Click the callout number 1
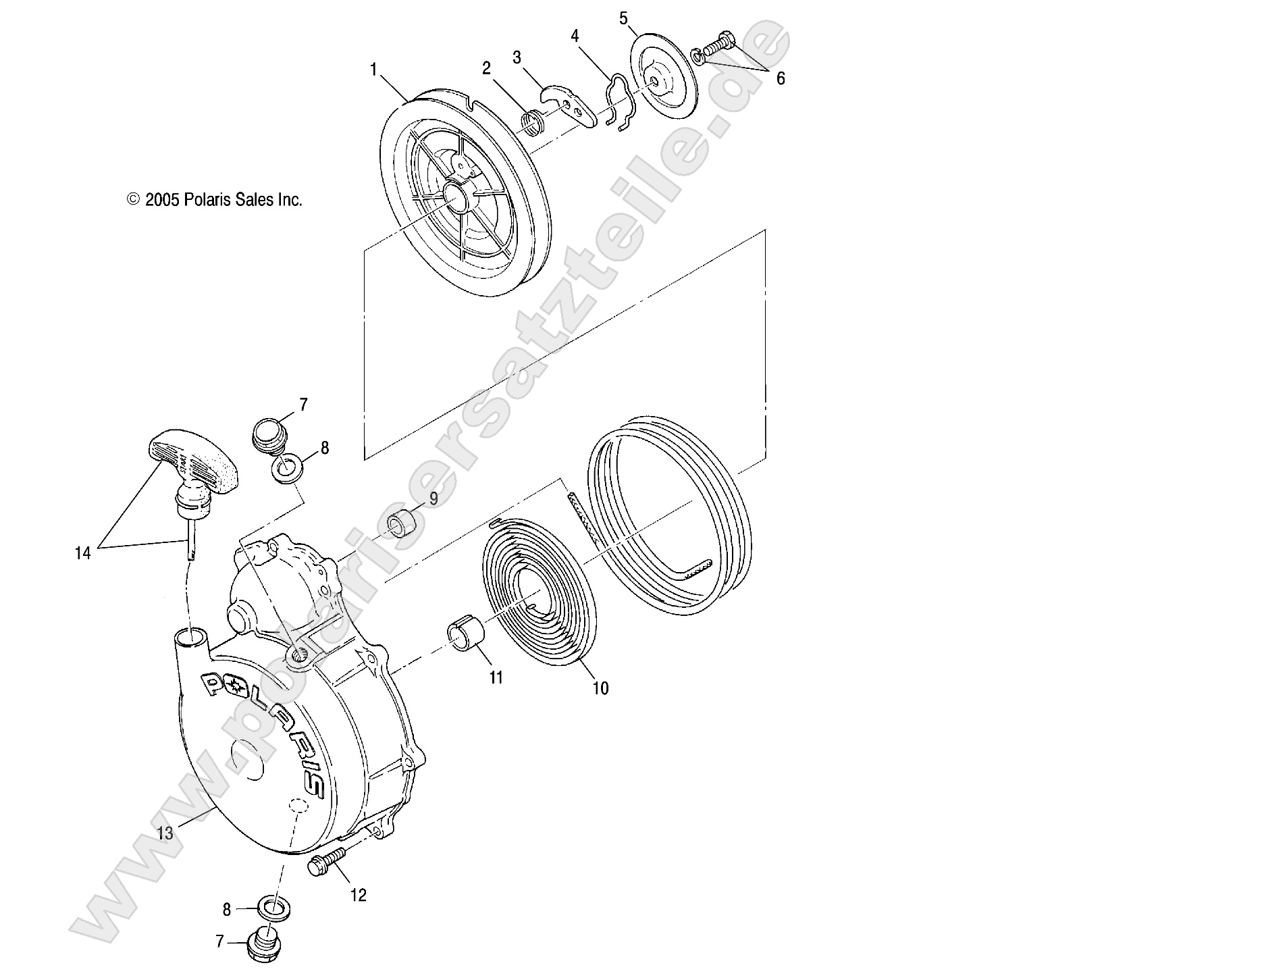tap(373, 69)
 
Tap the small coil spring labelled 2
tap(533, 123)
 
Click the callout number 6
tap(781, 78)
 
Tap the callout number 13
tap(165, 833)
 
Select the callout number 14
tap(82, 554)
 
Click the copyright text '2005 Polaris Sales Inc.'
tap(223, 200)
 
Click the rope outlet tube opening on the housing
tap(191, 637)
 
